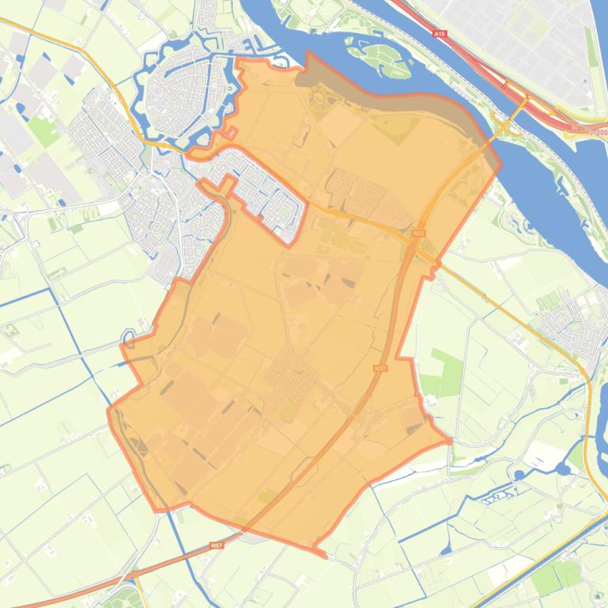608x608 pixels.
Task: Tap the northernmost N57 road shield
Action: tap(418, 234)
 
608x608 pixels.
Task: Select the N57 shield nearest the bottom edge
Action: tap(217, 546)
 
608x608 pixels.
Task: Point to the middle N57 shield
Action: tap(381, 368)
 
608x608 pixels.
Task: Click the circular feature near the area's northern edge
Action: tap(320, 98)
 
